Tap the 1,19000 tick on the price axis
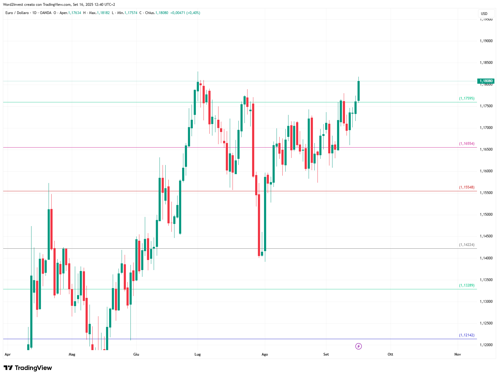click(486, 41)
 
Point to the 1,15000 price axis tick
click(486, 214)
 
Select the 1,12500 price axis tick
click(486, 323)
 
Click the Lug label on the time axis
click(198, 354)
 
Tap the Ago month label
click(265, 354)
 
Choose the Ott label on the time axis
click(390, 354)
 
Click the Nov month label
click(457, 354)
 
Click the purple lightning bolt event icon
click(358, 346)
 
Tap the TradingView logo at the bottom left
click(28, 368)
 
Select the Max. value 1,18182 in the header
click(103, 13)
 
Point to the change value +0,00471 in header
click(178, 13)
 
